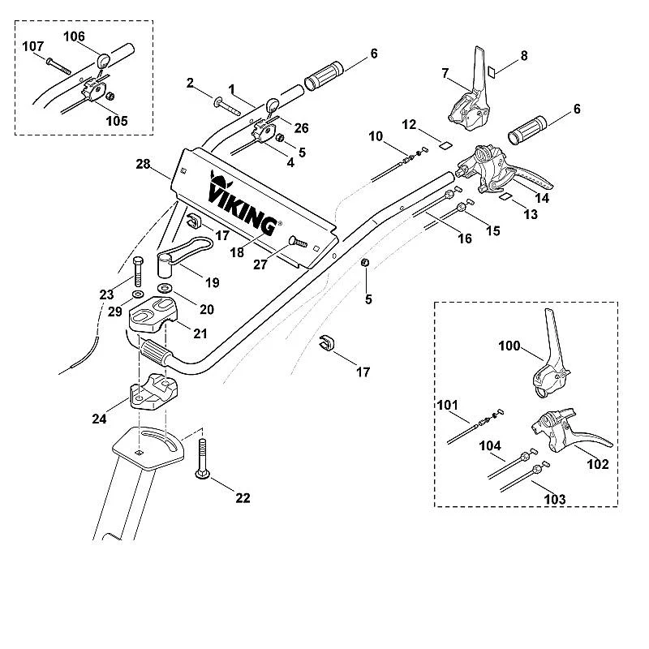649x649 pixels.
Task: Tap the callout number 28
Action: tap(143, 165)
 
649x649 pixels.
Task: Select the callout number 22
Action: tap(243, 497)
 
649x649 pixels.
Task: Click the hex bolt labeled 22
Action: tap(202, 458)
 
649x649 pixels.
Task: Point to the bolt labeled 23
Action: tap(138, 271)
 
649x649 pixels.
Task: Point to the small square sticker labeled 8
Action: tap(492, 71)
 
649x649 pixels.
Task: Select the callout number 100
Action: tap(509, 346)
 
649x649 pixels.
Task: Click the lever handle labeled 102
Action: tap(570, 432)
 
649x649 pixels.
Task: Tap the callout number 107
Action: tap(32, 46)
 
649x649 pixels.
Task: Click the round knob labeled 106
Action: tap(104, 60)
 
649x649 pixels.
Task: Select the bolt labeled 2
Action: tap(227, 106)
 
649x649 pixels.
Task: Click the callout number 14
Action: tap(542, 198)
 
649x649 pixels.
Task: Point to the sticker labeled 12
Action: tap(445, 145)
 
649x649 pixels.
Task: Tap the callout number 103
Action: tap(555, 499)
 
